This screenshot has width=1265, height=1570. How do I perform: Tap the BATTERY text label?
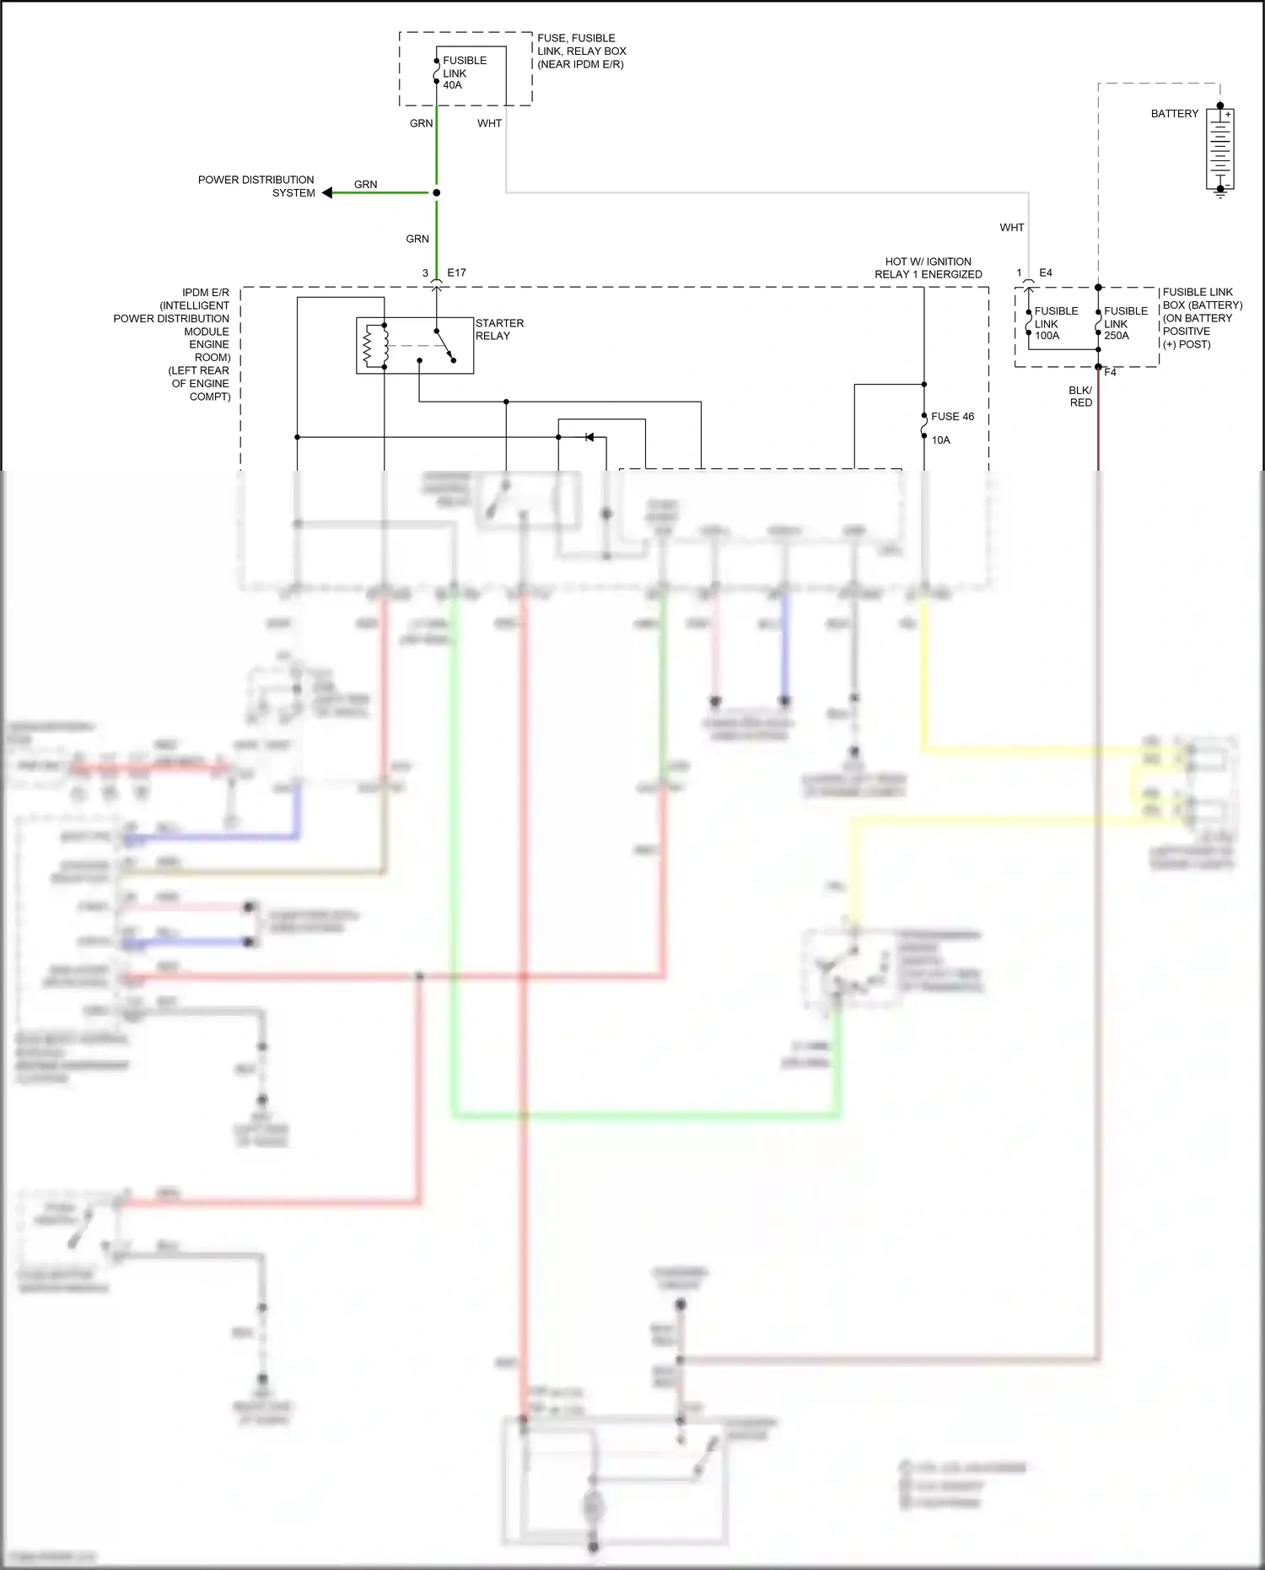point(1174,114)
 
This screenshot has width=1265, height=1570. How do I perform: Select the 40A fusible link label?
point(463,73)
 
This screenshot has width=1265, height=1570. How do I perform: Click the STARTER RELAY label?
point(499,329)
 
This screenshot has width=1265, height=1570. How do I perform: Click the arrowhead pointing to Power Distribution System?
point(328,192)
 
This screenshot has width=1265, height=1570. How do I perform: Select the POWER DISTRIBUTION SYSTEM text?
point(256,186)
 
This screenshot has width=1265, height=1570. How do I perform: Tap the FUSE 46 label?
point(952,417)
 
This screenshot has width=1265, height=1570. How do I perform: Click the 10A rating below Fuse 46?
point(940,440)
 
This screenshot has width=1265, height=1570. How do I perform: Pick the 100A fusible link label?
point(1055,323)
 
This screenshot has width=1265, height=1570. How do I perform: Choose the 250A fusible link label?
point(1125,323)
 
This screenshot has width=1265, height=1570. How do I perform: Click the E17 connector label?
point(456,272)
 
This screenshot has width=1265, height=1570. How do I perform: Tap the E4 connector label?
point(1045,272)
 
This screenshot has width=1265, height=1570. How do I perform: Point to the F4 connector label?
point(1110,372)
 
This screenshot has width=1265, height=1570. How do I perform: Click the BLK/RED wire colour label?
point(1080,397)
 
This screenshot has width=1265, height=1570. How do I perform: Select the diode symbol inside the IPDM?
point(589,437)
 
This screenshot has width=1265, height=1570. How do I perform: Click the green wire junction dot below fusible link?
point(436,192)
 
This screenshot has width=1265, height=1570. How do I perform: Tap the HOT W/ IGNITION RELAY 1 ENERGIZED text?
point(928,267)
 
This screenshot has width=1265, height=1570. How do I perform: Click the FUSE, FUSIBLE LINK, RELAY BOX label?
point(581,51)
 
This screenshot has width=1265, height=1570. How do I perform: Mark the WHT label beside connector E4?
point(1011,228)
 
